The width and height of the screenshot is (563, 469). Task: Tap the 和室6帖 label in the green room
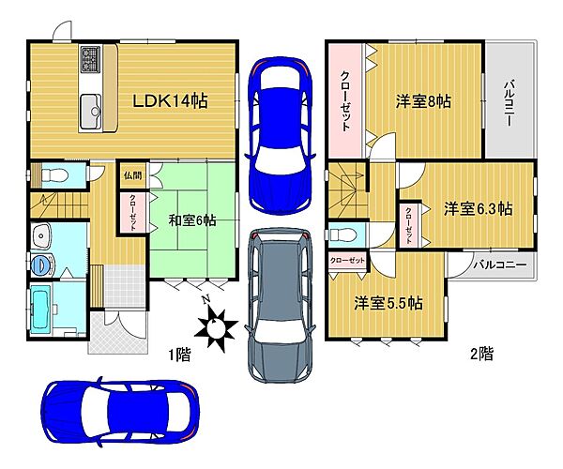192,220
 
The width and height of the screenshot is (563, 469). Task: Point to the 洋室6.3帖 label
478,207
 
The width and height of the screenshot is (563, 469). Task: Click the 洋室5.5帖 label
388,303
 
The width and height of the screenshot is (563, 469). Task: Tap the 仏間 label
131,175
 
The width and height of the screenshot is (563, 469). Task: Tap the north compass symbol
217,325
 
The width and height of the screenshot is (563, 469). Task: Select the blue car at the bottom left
119,410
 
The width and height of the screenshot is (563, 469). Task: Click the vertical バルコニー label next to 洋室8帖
508,102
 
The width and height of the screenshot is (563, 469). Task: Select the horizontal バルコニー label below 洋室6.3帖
497,265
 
